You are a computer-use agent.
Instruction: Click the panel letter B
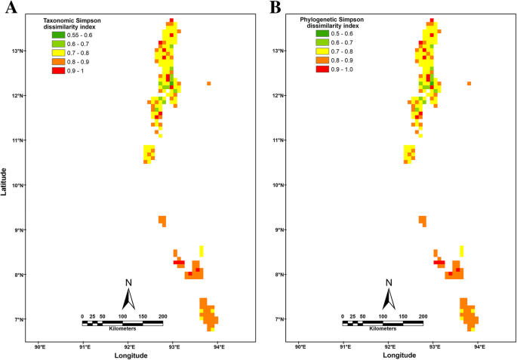pyautogui.click(x=275, y=8)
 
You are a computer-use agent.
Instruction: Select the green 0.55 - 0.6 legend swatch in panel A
pyautogui.click(x=59, y=35)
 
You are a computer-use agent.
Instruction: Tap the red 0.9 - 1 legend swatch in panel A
pyautogui.click(x=59, y=69)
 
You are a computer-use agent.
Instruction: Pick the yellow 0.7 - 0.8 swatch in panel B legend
pyautogui.click(x=322, y=52)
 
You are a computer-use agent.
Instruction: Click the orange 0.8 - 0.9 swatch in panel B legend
pyautogui.click(x=322, y=60)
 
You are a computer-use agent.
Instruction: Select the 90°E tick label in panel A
pyautogui.click(x=40, y=346)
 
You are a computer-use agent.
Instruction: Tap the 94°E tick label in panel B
pyautogui.click(x=479, y=346)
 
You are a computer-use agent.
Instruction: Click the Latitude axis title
pyautogui.click(x=5, y=180)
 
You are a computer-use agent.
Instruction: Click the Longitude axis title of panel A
pyautogui.click(x=132, y=355)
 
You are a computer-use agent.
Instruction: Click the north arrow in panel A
pyautogui.click(x=129, y=294)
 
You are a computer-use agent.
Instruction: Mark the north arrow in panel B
pyautogui.click(x=389, y=294)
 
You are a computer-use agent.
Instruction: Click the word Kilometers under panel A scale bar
pyautogui.click(x=122, y=329)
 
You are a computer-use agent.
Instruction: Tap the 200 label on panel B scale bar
pyautogui.click(x=423, y=316)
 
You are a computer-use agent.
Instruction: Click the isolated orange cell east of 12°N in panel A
pyautogui.click(x=208, y=83)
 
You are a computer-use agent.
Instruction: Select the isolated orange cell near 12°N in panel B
pyautogui.click(x=469, y=83)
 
